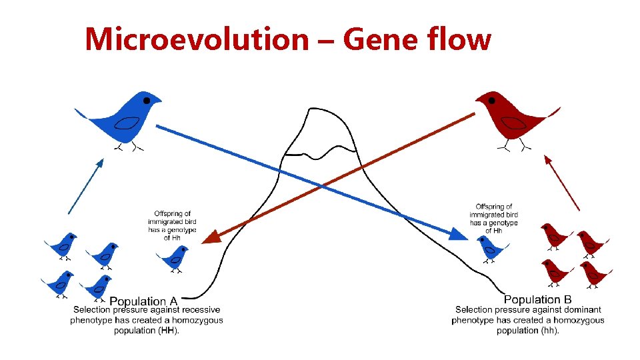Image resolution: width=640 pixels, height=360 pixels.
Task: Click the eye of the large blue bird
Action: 147,100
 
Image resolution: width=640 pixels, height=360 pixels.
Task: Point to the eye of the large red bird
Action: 491,101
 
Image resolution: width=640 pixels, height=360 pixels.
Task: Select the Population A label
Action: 143,301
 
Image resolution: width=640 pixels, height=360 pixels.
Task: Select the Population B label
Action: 537,300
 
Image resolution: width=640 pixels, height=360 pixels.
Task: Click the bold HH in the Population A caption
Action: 169,331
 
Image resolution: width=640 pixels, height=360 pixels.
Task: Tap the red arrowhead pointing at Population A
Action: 211,236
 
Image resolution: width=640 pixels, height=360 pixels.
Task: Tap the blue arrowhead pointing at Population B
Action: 459,234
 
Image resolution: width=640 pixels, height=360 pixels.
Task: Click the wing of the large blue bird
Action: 127,123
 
